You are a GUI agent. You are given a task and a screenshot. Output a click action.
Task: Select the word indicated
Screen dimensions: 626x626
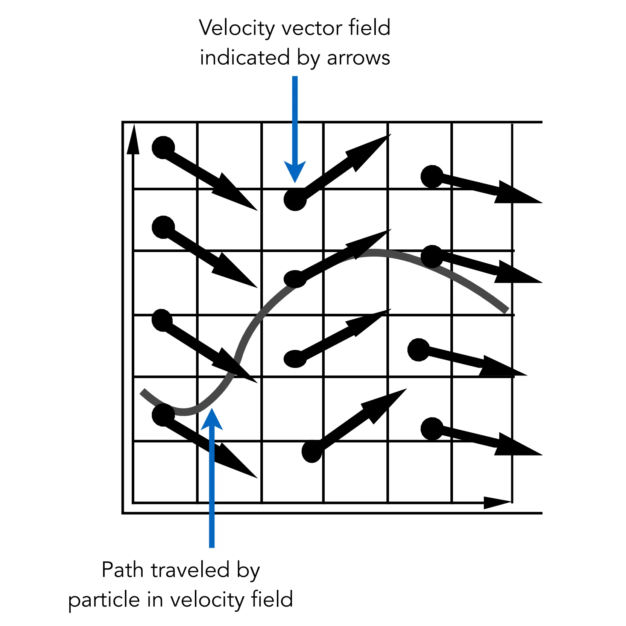coord(245,58)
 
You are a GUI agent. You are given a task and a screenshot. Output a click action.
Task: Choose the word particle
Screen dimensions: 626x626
coord(104,600)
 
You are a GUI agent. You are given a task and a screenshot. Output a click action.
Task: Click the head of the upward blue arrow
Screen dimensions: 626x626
coord(212,419)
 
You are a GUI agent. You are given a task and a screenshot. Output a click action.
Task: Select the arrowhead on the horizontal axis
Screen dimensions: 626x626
coord(497,502)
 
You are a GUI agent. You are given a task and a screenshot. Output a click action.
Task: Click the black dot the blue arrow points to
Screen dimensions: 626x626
coord(295,199)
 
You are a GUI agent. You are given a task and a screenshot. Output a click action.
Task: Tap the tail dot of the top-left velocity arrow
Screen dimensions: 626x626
coord(163,147)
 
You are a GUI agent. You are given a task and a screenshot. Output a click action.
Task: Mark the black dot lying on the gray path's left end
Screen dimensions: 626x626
coord(163,415)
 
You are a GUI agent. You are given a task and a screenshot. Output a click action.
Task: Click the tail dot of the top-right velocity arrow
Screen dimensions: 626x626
coord(432,176)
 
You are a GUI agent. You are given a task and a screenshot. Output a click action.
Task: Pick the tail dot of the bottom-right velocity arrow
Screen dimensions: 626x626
coord(432,429)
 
